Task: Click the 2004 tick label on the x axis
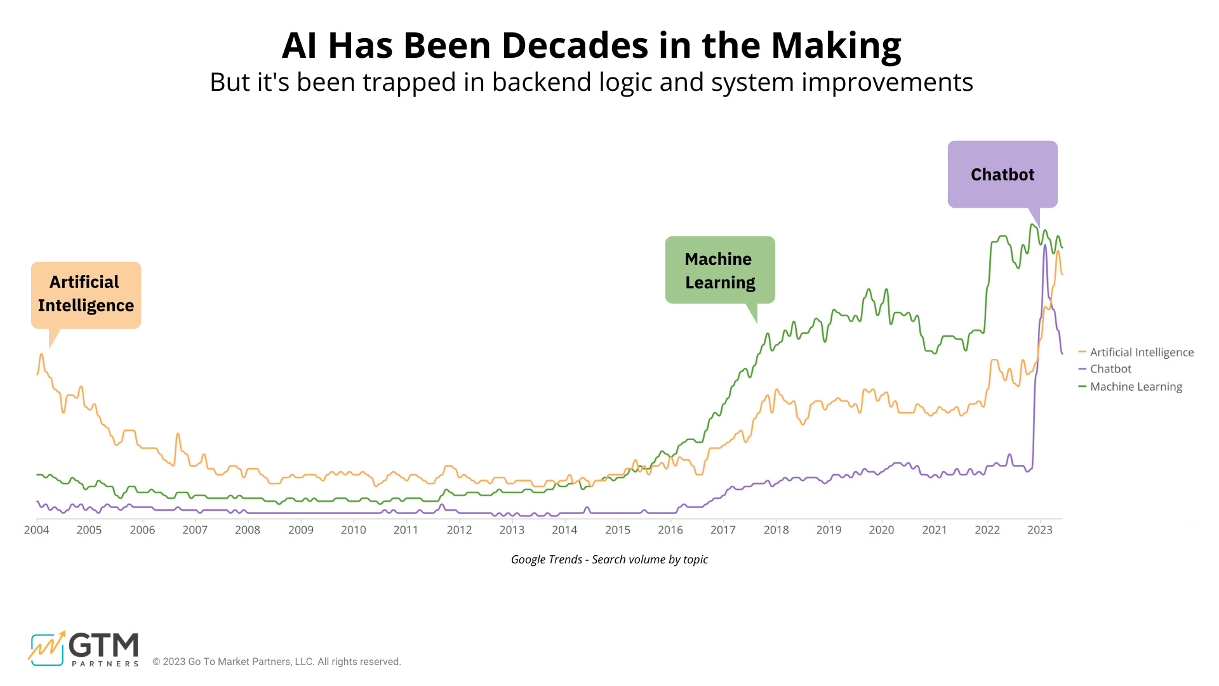coord(36,530)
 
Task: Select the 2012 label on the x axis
coord(459,530)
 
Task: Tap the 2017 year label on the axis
coord(723,530)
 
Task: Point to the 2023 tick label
coord(1039,530)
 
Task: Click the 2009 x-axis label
coord(300,530)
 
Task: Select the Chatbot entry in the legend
coord(1110,369)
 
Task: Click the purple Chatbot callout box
coord(1003,175)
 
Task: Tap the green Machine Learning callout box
coord(720,270)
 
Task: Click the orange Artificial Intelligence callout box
coord(86,295)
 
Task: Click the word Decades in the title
coord(575,46)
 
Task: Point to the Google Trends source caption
coord(609,560)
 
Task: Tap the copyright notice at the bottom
coord(277,662)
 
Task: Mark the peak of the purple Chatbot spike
coord(1044,245)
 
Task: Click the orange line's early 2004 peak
coord(42,354)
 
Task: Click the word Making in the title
coord(836,46)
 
